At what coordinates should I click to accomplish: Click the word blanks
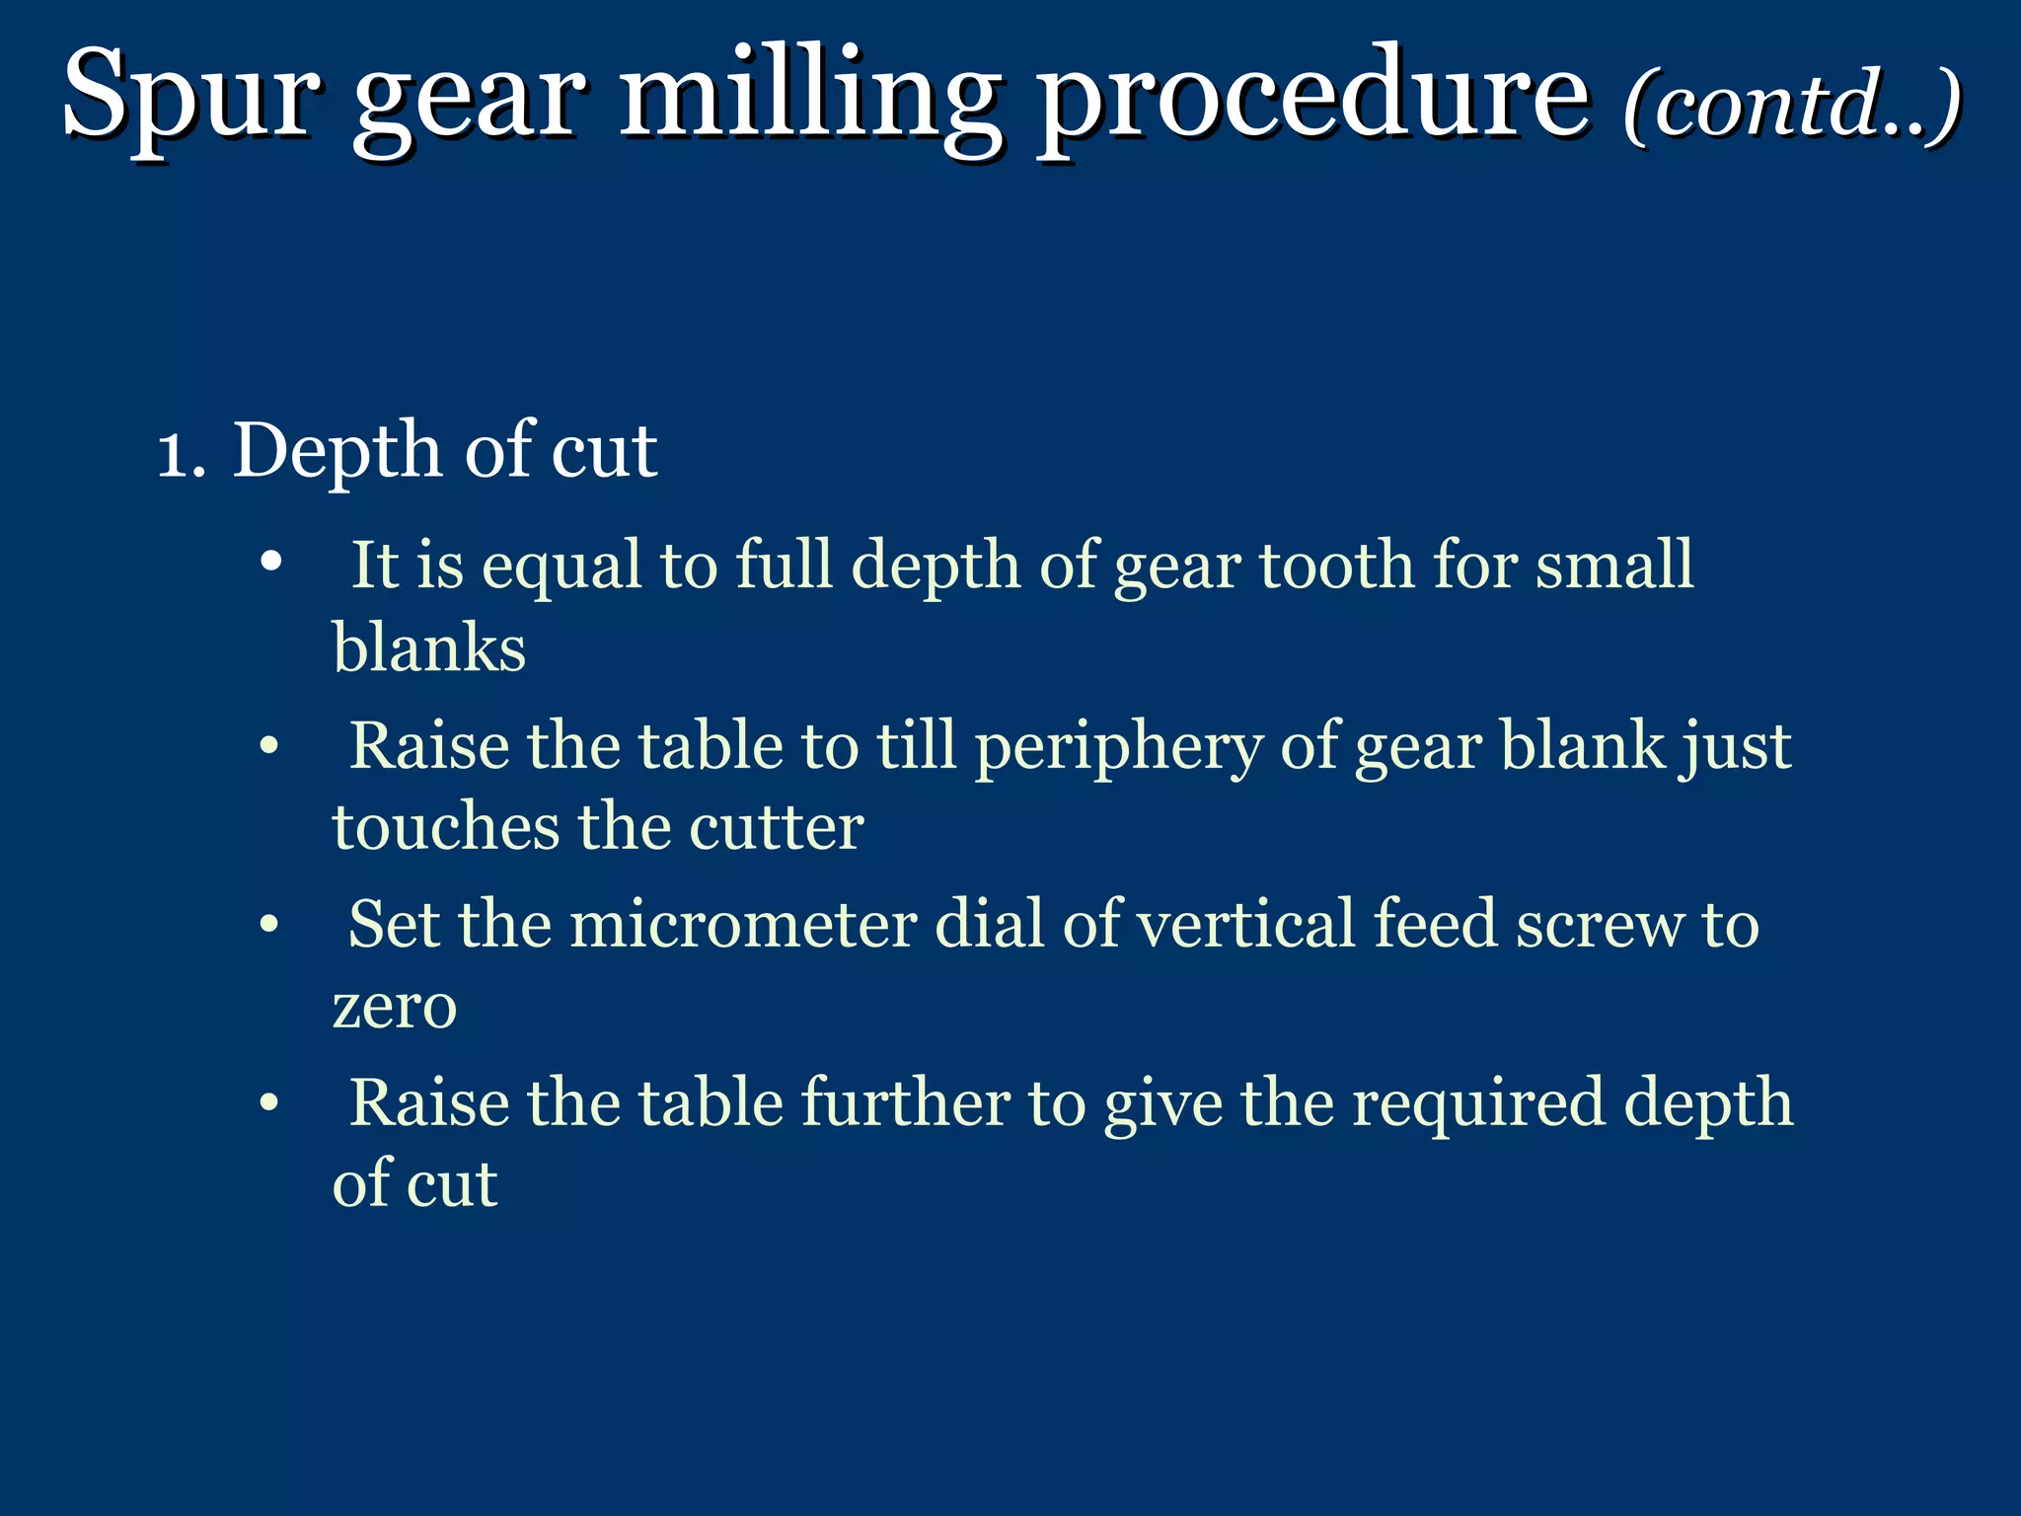[x=429, y=648]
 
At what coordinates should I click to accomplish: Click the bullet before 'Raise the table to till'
[x=271, y=746]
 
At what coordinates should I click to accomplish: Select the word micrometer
[x=744, y=925]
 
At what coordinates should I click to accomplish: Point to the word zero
[x=395, y=1007]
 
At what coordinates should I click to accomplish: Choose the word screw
[x=1600, y=925]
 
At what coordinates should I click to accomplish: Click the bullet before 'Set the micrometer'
[x=271, y=926]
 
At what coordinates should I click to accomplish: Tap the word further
[x=905, y=1102]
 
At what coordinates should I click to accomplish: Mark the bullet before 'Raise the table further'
[x=271, y=1103]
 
